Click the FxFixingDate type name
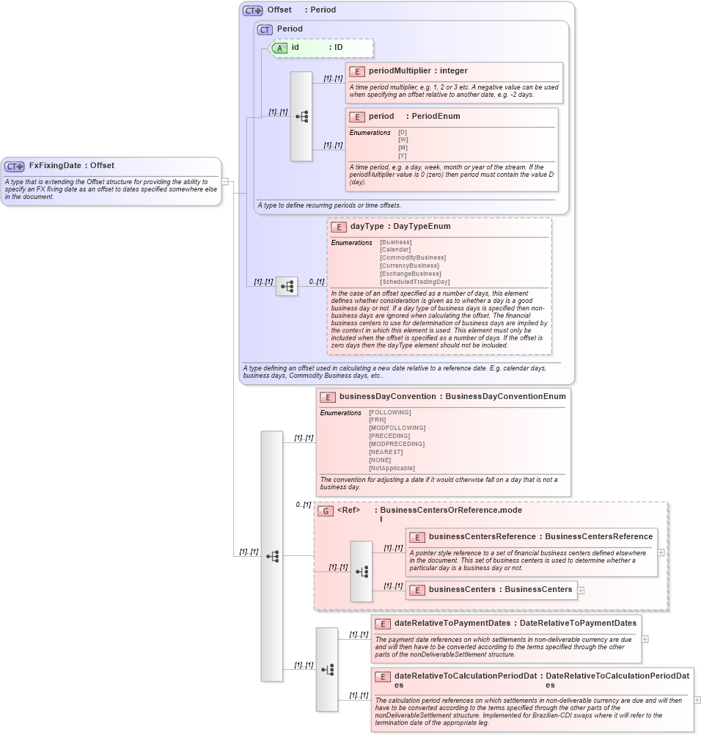point(55,166)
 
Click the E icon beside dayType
point(338,227)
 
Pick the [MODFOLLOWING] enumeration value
point(397,428)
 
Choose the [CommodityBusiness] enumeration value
point(412,257)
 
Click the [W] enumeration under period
point(403,140)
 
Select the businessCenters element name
point(463,589)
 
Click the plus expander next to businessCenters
point(581,590)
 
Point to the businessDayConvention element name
point(387,397)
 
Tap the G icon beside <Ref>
point(326,511)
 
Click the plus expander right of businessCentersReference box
point(661,552)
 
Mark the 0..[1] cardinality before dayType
point(316,282)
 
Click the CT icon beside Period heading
point(265,29)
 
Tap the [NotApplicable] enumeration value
point(392,468)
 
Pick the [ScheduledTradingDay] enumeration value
point(414,282)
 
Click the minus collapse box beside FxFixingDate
point(225,181)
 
